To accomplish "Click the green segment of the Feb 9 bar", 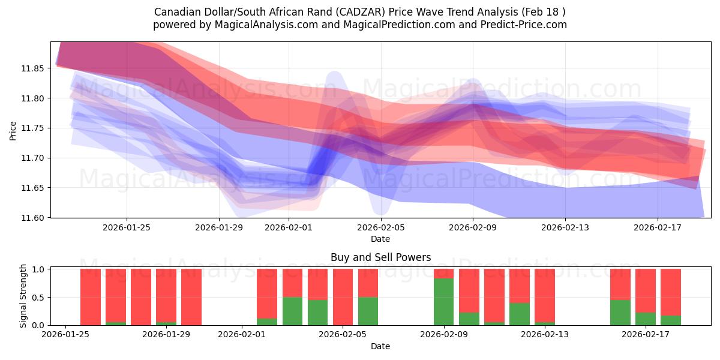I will [443, 302].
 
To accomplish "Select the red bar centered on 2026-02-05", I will [343, 296].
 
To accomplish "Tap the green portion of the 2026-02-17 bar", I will [646, 319].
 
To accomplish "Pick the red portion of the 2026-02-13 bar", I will [545, 295].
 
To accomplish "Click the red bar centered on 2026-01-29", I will [166, 295].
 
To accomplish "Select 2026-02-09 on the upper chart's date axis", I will [473, 227].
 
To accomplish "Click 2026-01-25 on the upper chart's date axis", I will [127, 227].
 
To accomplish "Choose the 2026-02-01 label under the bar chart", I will [242, 335].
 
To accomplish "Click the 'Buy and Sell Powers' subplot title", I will [380, 257].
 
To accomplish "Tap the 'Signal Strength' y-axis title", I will [23, 296].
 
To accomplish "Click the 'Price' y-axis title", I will [13, 130].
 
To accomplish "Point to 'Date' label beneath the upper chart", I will [380, 239].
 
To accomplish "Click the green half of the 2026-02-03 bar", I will [292, 311].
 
